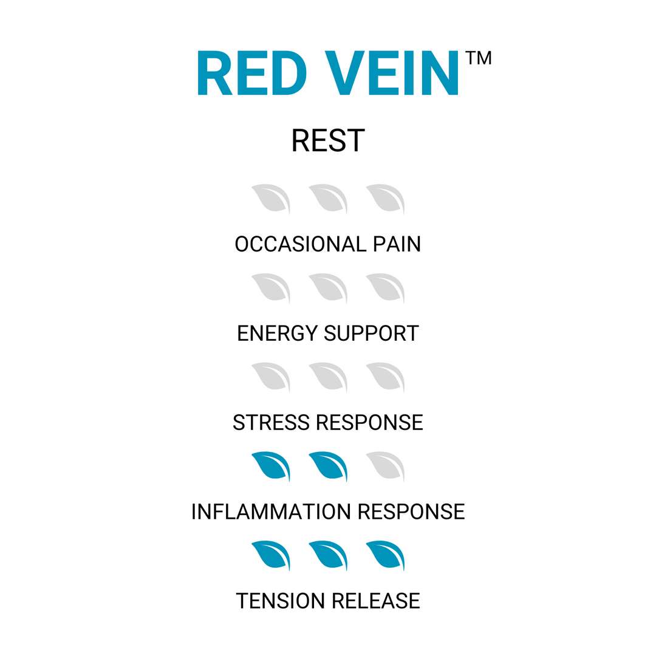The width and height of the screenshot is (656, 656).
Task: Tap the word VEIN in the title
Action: tap(391, 73)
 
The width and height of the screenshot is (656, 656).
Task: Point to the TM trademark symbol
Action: tap(478, 58)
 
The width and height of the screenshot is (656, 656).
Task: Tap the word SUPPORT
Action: tap(372, 333)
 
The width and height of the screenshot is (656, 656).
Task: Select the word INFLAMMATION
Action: tap(271, 511)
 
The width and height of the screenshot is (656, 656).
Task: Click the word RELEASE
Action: tap(375, 601)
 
